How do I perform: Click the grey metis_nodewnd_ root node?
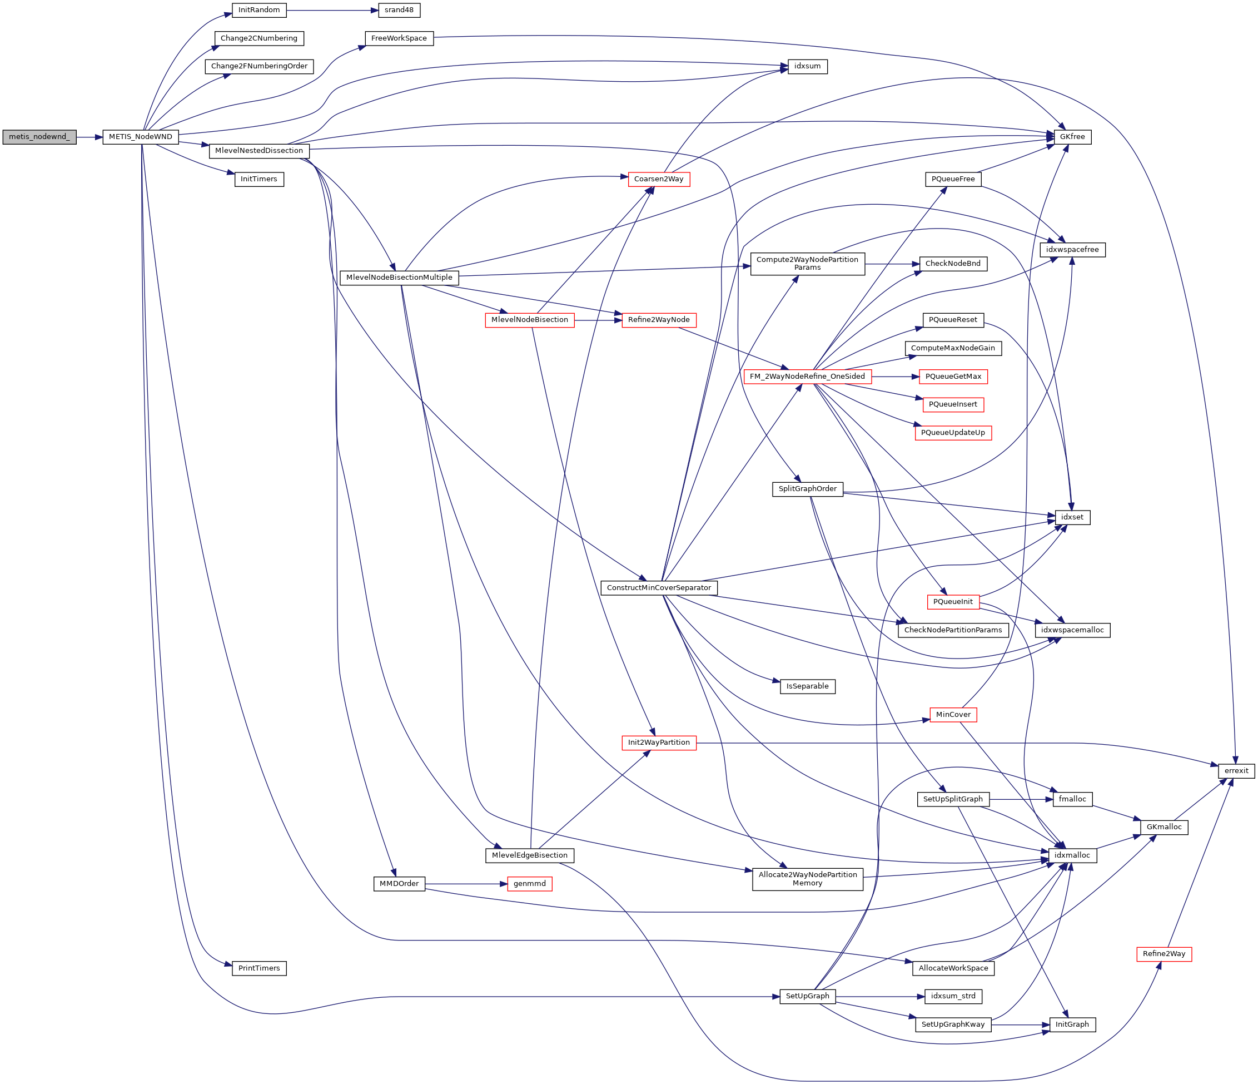point(39,137)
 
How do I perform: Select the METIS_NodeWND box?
point(140,137)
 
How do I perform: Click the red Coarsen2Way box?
point(658,179)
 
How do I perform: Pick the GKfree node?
point(1072,137)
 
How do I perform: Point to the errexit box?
point(1236,771)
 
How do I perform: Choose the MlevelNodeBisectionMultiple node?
point(399,278)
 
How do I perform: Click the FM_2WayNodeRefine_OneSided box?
point(807,377)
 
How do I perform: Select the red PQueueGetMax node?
point(953,377)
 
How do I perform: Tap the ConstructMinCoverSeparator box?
point(659,588)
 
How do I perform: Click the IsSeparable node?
point(807,686)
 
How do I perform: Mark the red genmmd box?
point(529,884)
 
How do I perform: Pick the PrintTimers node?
point(258,968)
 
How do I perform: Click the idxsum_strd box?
point(953,996)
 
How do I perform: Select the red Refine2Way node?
point(1163,954)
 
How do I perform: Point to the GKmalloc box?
point(1164,827)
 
